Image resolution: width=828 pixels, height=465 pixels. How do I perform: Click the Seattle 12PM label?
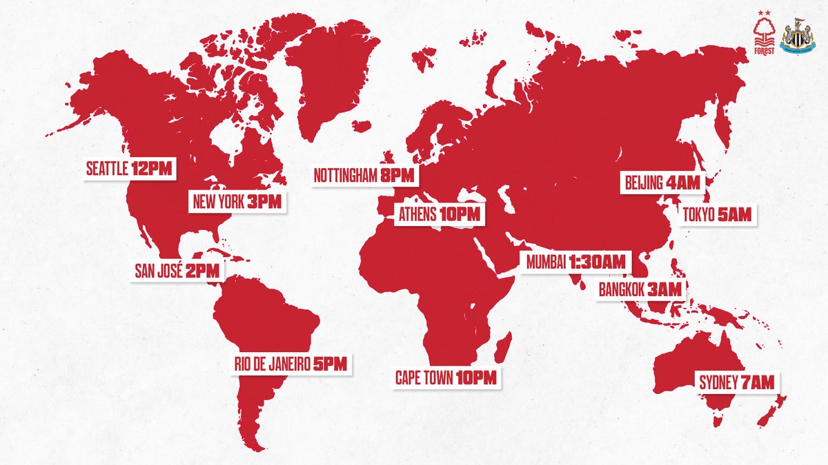tap(128, 167)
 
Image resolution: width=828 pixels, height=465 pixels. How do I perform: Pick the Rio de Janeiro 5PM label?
tap(290, 363)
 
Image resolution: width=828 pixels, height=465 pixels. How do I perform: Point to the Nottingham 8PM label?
tap(364, 175)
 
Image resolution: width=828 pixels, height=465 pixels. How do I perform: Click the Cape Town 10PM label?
tap(445, 378)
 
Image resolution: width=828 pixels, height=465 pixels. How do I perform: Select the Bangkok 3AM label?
tap(642, 289)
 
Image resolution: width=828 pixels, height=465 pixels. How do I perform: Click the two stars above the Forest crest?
tap(764, 12)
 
